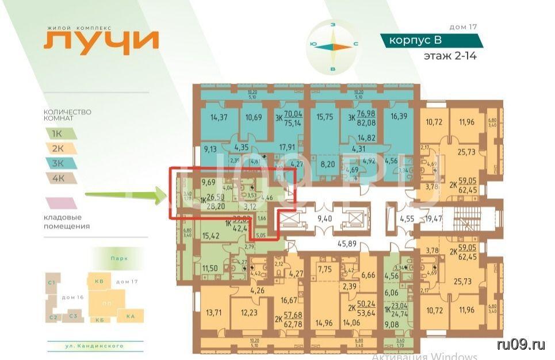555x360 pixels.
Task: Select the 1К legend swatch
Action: coord(59,133)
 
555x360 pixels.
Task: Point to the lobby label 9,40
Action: coord(326,218)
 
